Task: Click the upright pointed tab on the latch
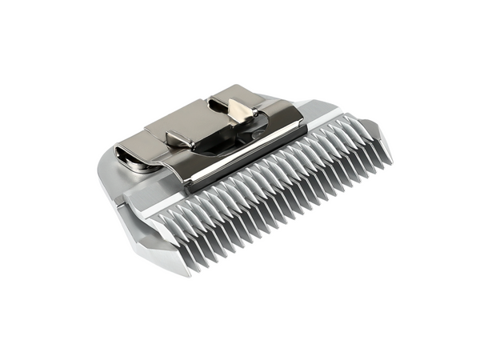pos(238,112)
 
